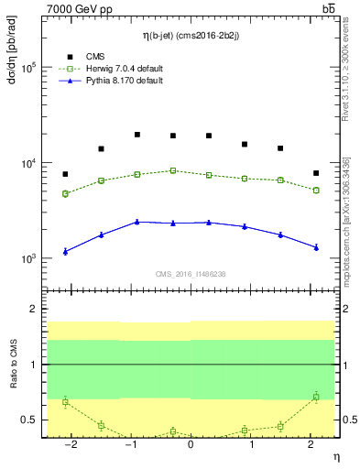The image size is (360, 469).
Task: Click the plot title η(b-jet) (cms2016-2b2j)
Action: point(190,36)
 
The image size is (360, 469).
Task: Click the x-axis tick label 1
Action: point(250,445)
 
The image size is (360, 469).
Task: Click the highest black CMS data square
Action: point(136,135)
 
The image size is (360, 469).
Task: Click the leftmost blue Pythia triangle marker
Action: point(65,251)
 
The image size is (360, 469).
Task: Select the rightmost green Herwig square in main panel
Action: point(316,190)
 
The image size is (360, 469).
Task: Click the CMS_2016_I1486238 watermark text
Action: point(190,273)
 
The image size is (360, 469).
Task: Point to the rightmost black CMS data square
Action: point(316,173)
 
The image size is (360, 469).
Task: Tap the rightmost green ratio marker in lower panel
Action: point(316,397)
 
